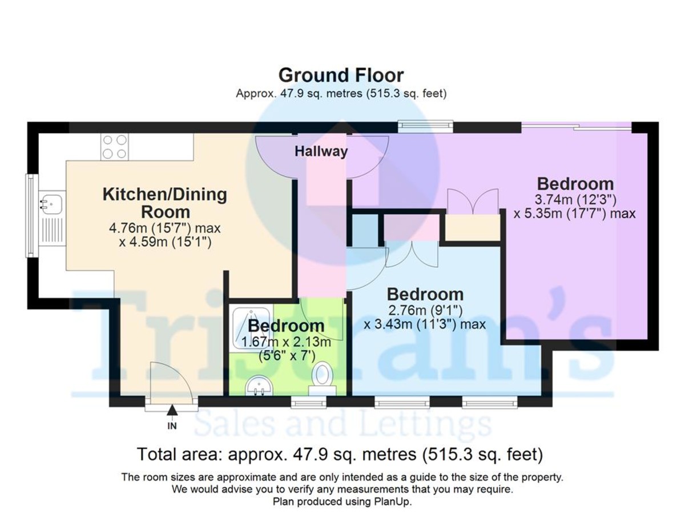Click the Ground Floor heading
[341, 75]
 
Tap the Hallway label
[321, 151]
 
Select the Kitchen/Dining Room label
[165, 203]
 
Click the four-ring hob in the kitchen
[115, 147]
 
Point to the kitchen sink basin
[52, 204]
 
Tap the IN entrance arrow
[172, 410]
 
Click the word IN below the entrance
[172, 425]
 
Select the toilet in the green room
[323, 379]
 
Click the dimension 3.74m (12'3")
[575, 200]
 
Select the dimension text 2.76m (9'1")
[425, 310]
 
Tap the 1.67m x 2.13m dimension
[286, 342]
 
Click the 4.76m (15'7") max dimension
[165, 228]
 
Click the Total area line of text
[340, 454]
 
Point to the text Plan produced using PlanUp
[342, 501]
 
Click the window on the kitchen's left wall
[31, 216]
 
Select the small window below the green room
[309, 403]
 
